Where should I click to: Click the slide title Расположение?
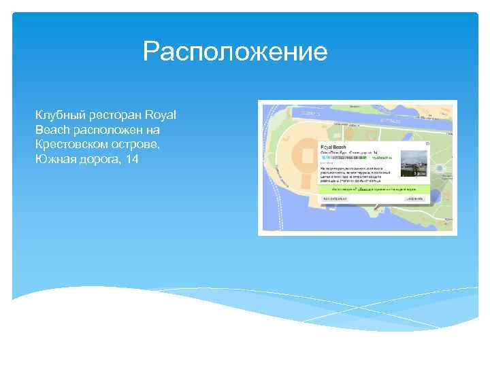235,52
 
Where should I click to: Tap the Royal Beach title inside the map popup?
333,147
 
